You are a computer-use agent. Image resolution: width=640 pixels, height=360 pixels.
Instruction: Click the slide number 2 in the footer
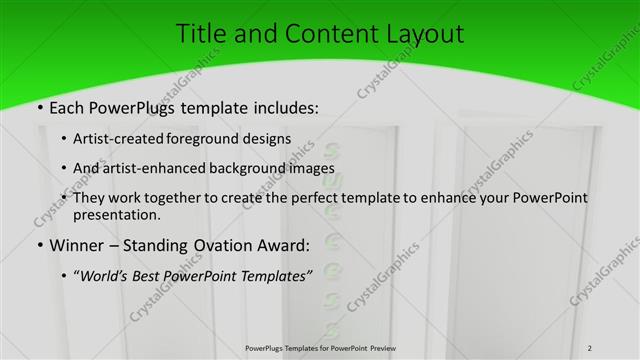click(x=589, y=348)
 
